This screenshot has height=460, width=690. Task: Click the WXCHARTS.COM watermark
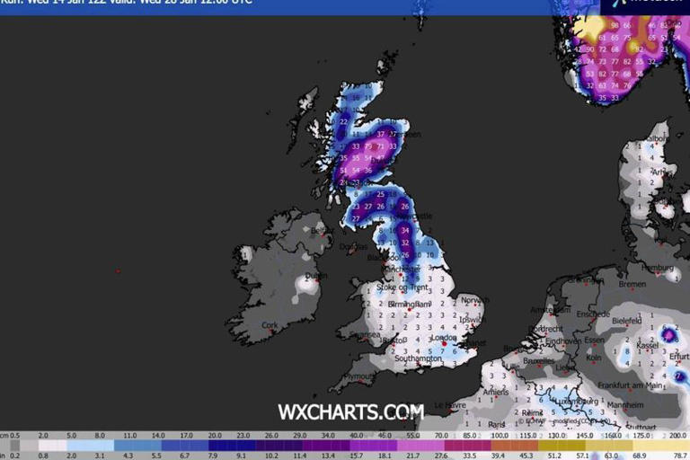[350, 411]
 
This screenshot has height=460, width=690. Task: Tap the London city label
[444, 339]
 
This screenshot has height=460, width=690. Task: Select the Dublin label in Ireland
[315, 276]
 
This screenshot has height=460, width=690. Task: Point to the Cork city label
[270, 325]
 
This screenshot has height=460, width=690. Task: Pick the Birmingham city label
[411, 305]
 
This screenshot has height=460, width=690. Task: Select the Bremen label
[632, 284]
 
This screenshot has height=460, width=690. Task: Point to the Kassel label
[650, 345]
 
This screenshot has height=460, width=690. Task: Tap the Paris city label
[497, 424]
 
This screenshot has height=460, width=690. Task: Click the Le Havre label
[449, 405]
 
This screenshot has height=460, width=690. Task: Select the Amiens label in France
[494, 391]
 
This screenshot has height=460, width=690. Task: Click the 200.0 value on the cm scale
[677, 435]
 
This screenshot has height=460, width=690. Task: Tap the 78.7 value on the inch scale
[677, 456]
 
